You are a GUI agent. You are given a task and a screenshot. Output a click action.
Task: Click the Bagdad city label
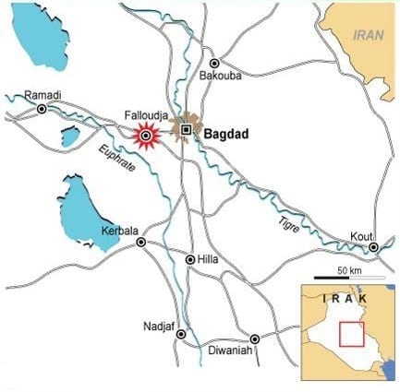coord(226,134)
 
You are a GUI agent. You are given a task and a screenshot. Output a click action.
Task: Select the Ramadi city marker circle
coord(42,109)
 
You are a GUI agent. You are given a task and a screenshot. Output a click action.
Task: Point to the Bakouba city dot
coord(214,63)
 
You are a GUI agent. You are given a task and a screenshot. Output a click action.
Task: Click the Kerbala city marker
coord(141,243)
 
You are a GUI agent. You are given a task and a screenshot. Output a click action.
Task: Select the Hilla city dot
coord(190,260)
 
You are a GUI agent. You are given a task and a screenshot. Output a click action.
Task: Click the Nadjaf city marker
coord(181,334)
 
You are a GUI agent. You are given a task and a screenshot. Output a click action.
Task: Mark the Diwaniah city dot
coord(255,339)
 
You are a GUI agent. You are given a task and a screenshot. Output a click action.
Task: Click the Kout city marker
coord(373,247)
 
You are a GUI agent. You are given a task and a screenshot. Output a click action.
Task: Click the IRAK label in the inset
coord(343,298)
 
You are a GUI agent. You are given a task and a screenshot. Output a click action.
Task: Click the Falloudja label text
coord(145,115)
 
